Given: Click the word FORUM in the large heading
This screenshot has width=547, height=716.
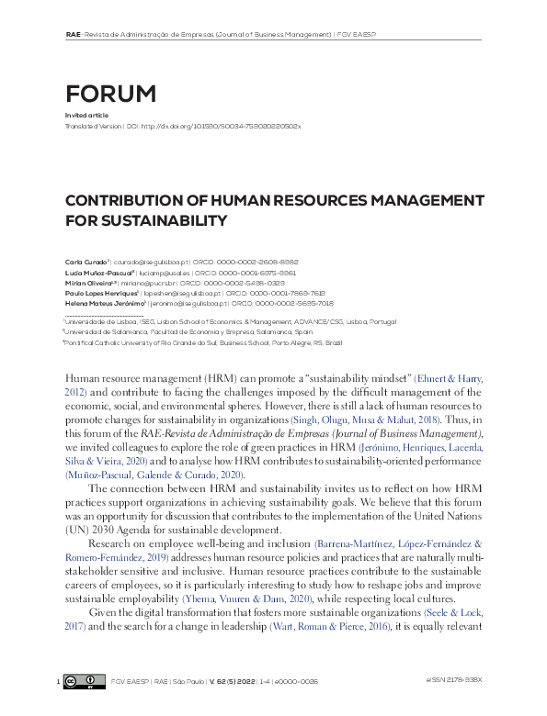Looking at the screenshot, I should pyautogui.click(x=110, y=94).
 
